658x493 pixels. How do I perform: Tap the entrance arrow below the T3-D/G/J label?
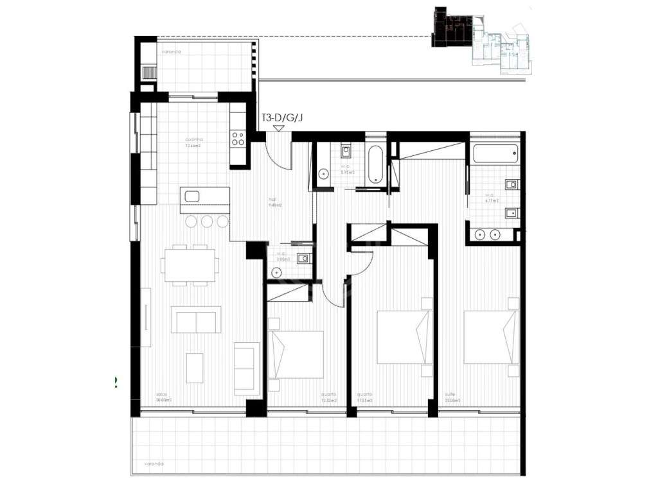(x=279, y=128)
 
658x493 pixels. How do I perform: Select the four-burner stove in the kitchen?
(x=238, y=139)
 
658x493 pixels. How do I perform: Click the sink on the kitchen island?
(x=191, y=195)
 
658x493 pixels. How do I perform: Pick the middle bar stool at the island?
(x=207, y=221)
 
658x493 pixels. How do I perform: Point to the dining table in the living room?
(x=190, y=264)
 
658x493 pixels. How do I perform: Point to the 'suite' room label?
(x=450, y=395)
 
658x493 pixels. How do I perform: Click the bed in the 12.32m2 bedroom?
(x=296, y=354)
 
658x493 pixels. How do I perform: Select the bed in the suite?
(x=490, y=337)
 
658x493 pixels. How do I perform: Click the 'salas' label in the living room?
(x=163, y=395)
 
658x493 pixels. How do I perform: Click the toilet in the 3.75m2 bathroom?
(x=323, y=172)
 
